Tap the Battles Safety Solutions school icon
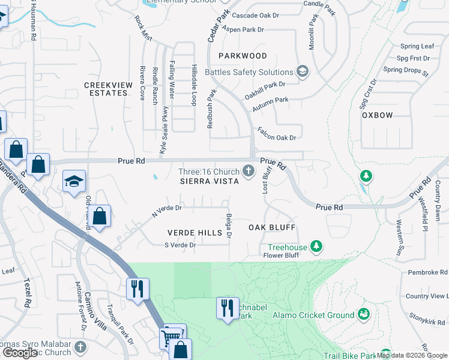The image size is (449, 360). tap(302, 72)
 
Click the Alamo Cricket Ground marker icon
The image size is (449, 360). tap(363, 314)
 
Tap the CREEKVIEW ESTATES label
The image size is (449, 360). tap(108, 89)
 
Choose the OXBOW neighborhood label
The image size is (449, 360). tap(377, 115)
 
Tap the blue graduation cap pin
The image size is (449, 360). tap(74, 181)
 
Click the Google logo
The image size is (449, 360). tap(20, 353)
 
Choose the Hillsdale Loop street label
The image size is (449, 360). tap(194, 85)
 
